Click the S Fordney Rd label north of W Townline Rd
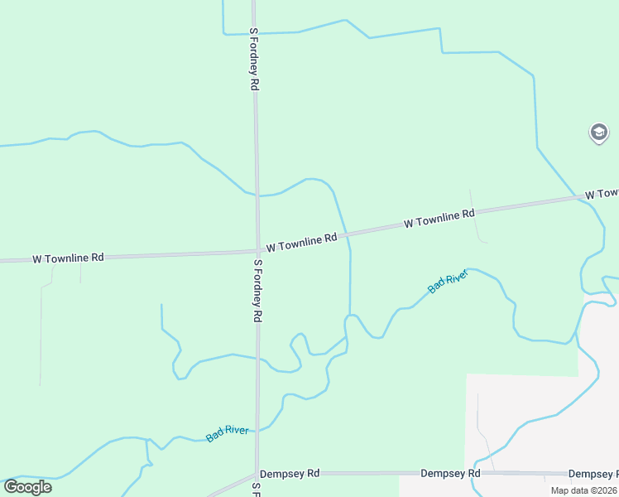click(x=255, y=59)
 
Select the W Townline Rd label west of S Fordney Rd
click(x=68, y=258)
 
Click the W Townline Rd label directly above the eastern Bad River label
click(x=439, y=219)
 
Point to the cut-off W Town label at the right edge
click(x=602, y=193)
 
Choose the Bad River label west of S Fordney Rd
click(x=227, y=433)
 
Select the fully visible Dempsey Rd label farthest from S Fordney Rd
click(x=450, y=474)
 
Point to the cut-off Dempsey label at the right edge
click(x=593, y=474)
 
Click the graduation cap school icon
click(x=599, y=132)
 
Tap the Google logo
click(x=27, y=486)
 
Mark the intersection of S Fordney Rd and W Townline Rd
click(x=257, y=249)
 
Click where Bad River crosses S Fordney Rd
click(x=257, y=430)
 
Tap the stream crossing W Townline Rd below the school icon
click(x=577, y=197)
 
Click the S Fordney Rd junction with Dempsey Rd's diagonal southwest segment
click(x=257, y=475)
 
